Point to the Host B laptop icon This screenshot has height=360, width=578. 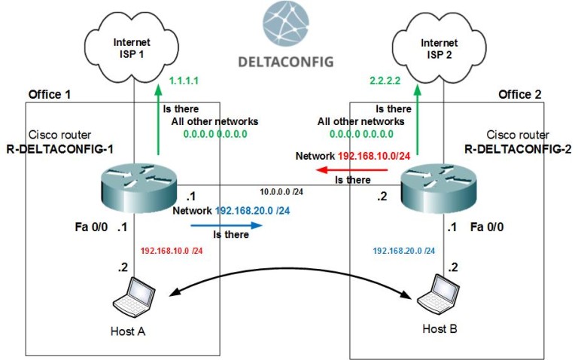pos(439,295)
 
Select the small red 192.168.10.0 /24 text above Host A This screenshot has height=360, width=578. pos(172,250)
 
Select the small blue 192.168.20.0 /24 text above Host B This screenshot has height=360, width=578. pos(403,250)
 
